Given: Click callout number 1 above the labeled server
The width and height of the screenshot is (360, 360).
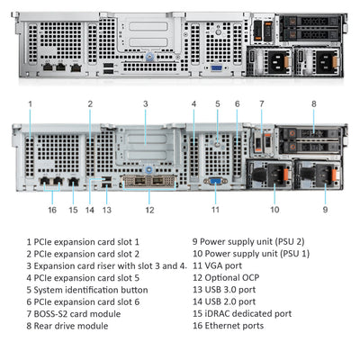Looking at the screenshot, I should tap(30, 103).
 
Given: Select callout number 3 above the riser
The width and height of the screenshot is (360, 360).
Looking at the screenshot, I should tap(145, 103).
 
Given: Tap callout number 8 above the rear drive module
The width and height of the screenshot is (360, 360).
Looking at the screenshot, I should tap(313, 103).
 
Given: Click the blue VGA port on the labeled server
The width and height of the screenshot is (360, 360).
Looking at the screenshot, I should tap(215, 181).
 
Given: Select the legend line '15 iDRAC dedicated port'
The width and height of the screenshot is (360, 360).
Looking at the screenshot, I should tap(241, 314).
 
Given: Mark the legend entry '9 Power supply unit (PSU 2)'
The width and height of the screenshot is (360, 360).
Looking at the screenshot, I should tap(247, 241).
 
